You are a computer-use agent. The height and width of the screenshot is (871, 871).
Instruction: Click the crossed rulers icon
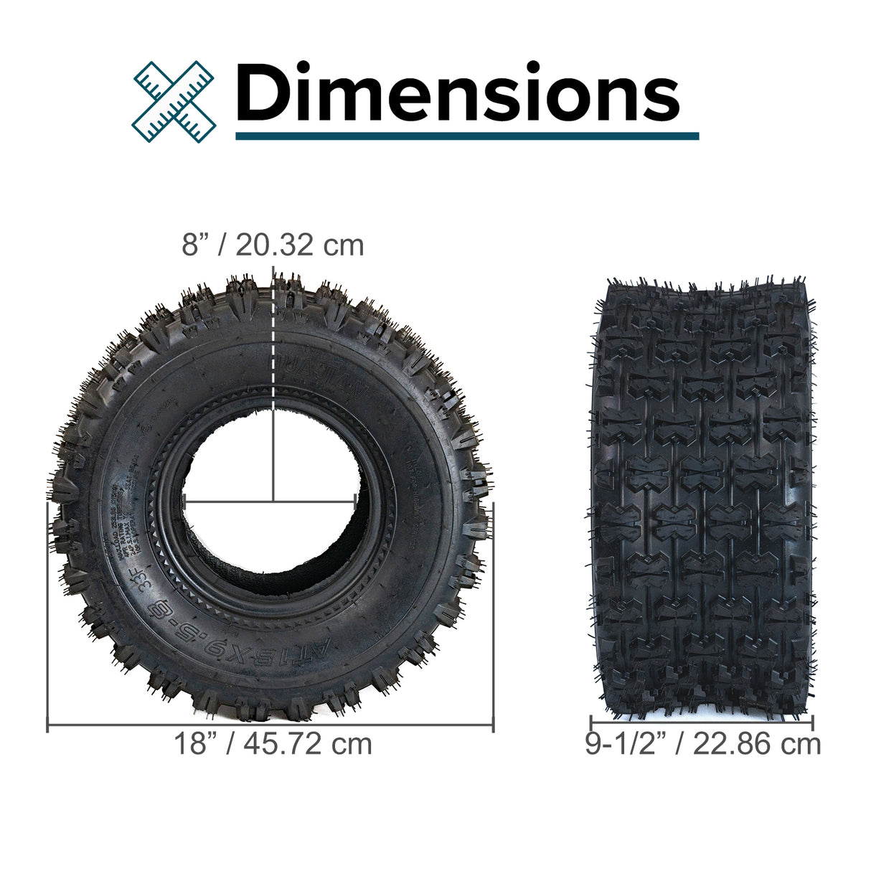pyautogui.click(x=174, y=100)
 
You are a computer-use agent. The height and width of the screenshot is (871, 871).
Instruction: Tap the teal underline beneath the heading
pyautogui.click(x=466, y=136)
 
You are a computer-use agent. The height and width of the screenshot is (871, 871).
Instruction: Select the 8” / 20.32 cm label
pyautogui.click(x=273, y=245)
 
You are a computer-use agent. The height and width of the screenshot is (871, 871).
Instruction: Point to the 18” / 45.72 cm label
pyautogui.click(x=273, y=744)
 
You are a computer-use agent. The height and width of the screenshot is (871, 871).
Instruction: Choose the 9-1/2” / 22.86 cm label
pyautogui.click(x=702, y=744)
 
